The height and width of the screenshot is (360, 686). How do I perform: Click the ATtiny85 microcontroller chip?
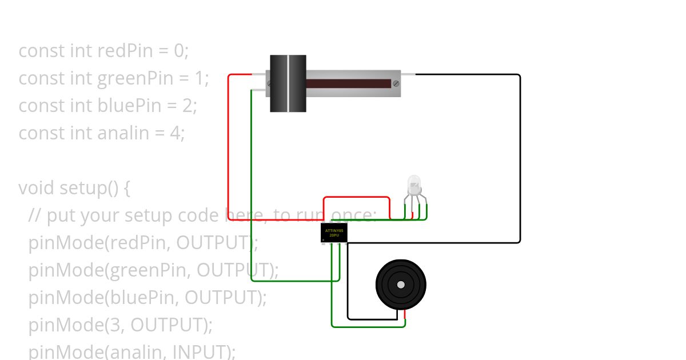[x=334, y=233]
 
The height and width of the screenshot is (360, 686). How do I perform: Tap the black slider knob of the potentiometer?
[x=288, y=83]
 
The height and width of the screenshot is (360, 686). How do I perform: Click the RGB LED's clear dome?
[x=414, y=185]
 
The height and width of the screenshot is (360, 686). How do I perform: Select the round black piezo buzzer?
[x=401, y=285]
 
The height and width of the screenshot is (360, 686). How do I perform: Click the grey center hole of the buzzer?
[x=401, y=285]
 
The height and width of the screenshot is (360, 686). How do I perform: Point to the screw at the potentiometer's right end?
[x=396, y=83]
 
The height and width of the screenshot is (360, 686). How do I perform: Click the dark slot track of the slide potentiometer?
[x=349, y=83]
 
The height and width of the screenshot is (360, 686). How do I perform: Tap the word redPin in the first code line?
[x=125, y=51]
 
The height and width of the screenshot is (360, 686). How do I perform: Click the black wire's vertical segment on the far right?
[x=520, y=160]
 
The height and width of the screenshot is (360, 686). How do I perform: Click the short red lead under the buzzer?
[x=405, y=314]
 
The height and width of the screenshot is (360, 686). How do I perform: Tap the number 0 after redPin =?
[x=180, y=51]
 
